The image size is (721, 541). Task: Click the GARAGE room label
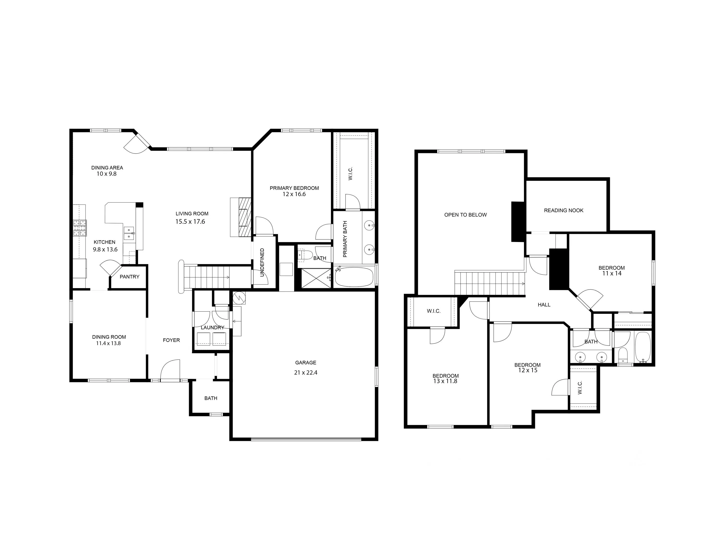[x=305, y=363]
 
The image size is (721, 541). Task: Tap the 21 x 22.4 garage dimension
[x=305, y=373]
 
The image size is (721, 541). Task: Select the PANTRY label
[x=129, y=277]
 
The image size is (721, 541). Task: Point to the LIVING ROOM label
[x=192, y=214]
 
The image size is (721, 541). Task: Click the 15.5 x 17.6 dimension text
[x=190, y=222]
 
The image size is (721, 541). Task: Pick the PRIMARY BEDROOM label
[x=294, y=188]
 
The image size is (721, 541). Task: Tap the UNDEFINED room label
[x=262, y=262]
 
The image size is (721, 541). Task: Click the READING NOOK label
[x=564, y=210]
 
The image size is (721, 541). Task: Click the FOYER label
[x=171, y=340]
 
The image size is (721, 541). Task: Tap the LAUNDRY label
[x=212, y=328]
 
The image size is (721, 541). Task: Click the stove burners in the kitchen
[x=80, y=228]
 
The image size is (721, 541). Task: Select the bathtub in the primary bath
[x=354, y=277]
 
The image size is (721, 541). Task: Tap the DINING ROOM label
[x=109, y=337]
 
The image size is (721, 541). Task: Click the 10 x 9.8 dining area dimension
[x=106, y=174]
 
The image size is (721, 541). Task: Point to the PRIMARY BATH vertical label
[x=345, y=239]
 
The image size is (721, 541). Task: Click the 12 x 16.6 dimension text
[x=294, y=194]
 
